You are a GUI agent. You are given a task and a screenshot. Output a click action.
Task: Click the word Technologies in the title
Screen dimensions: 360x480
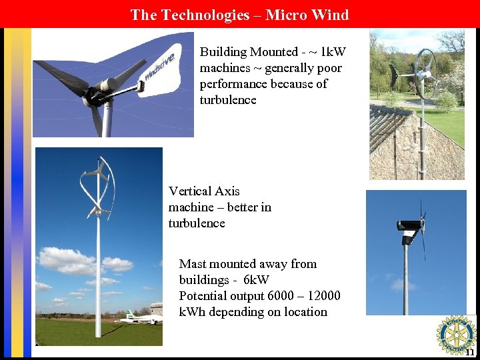click(204, 15)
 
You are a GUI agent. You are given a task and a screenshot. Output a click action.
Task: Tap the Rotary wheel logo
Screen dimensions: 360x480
click(456, 335)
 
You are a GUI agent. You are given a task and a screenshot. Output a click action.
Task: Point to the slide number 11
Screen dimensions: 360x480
click(470, 352)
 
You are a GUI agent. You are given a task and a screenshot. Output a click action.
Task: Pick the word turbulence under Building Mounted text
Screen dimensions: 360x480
click(228, 100)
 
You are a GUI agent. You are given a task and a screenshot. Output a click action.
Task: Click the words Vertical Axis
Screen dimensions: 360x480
click(204, 191)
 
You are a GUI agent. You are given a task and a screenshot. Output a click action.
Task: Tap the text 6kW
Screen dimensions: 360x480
click(256, 280)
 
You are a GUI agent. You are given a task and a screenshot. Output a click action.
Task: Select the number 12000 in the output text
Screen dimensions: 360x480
click(317, 296)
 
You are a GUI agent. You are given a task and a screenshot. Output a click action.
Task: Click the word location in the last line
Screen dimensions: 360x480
click(303, 312)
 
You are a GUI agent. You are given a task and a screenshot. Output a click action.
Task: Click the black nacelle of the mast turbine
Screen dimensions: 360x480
click(409, 225)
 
